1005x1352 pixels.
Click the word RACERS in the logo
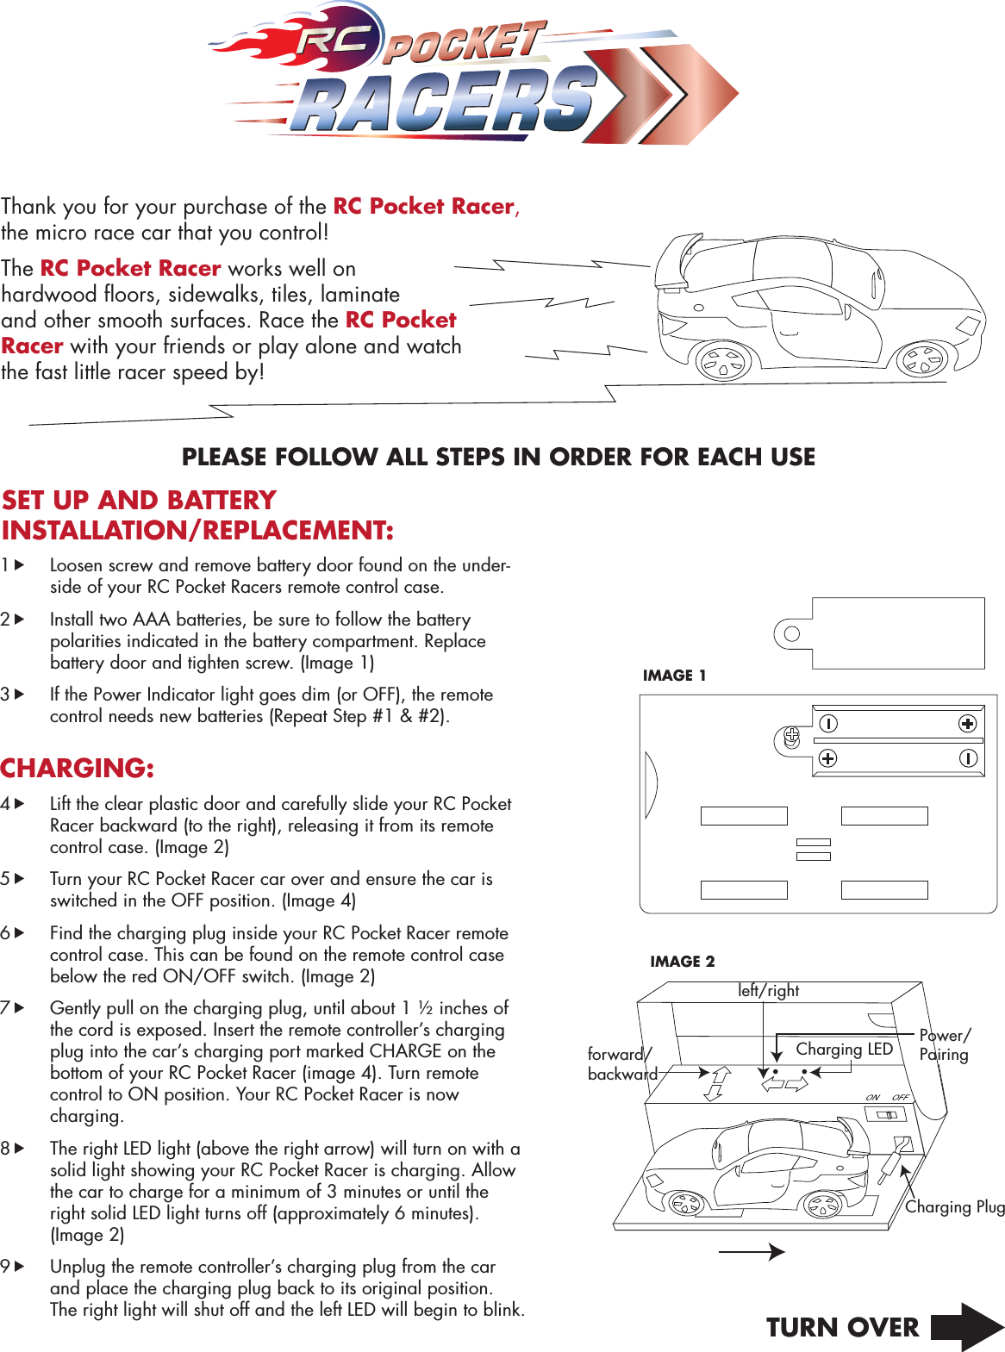pyautogui.click(x=444, y=102)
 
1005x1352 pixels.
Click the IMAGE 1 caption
pyautogui.click(x=674, y=676)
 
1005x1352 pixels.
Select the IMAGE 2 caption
pyautogui.click(x=682, y=962)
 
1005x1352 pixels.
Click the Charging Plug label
pyautogui.click(x=954, y=1207)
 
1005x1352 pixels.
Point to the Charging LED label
pyautogui.click(x=844, y=1049)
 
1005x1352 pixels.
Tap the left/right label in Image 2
pyautogui.click(x=768, y=991)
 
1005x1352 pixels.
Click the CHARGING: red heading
pyautogui.click(x=78, y=768)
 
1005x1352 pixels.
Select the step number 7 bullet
pyautogui.click(x=12, y=1007)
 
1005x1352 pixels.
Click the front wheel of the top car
pyautogui.click(x=922, y=360)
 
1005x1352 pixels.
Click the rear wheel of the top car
pyautogui.click(x=723, y=362)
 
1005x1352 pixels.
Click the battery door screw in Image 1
pyautogui.click(x=792, y=738)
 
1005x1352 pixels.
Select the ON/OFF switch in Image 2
pyautogui.click(x=886, y=1114)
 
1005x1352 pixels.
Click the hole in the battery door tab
pyautogui.click(x=791, y=634)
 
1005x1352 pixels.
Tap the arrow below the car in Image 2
pyautogui.click(x=752, y=1252)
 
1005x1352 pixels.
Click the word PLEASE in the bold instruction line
pyautogui.click(x=224, y=457)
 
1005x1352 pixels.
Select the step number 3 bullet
pyautogui.click(x=12, y=694)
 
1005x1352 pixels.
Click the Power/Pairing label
pyautogui.click(x=945, y=1044)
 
